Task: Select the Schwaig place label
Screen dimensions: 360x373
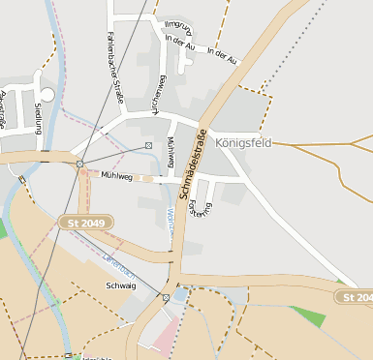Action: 122,286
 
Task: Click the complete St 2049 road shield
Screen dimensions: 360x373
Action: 85,223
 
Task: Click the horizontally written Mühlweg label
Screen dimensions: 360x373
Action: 115,176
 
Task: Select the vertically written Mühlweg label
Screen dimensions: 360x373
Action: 171,150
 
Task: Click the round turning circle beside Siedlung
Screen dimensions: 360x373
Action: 47,93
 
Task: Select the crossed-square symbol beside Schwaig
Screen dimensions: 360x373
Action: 166,297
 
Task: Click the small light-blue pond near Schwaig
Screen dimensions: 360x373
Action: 179,293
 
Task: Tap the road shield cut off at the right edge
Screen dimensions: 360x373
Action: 356,296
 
